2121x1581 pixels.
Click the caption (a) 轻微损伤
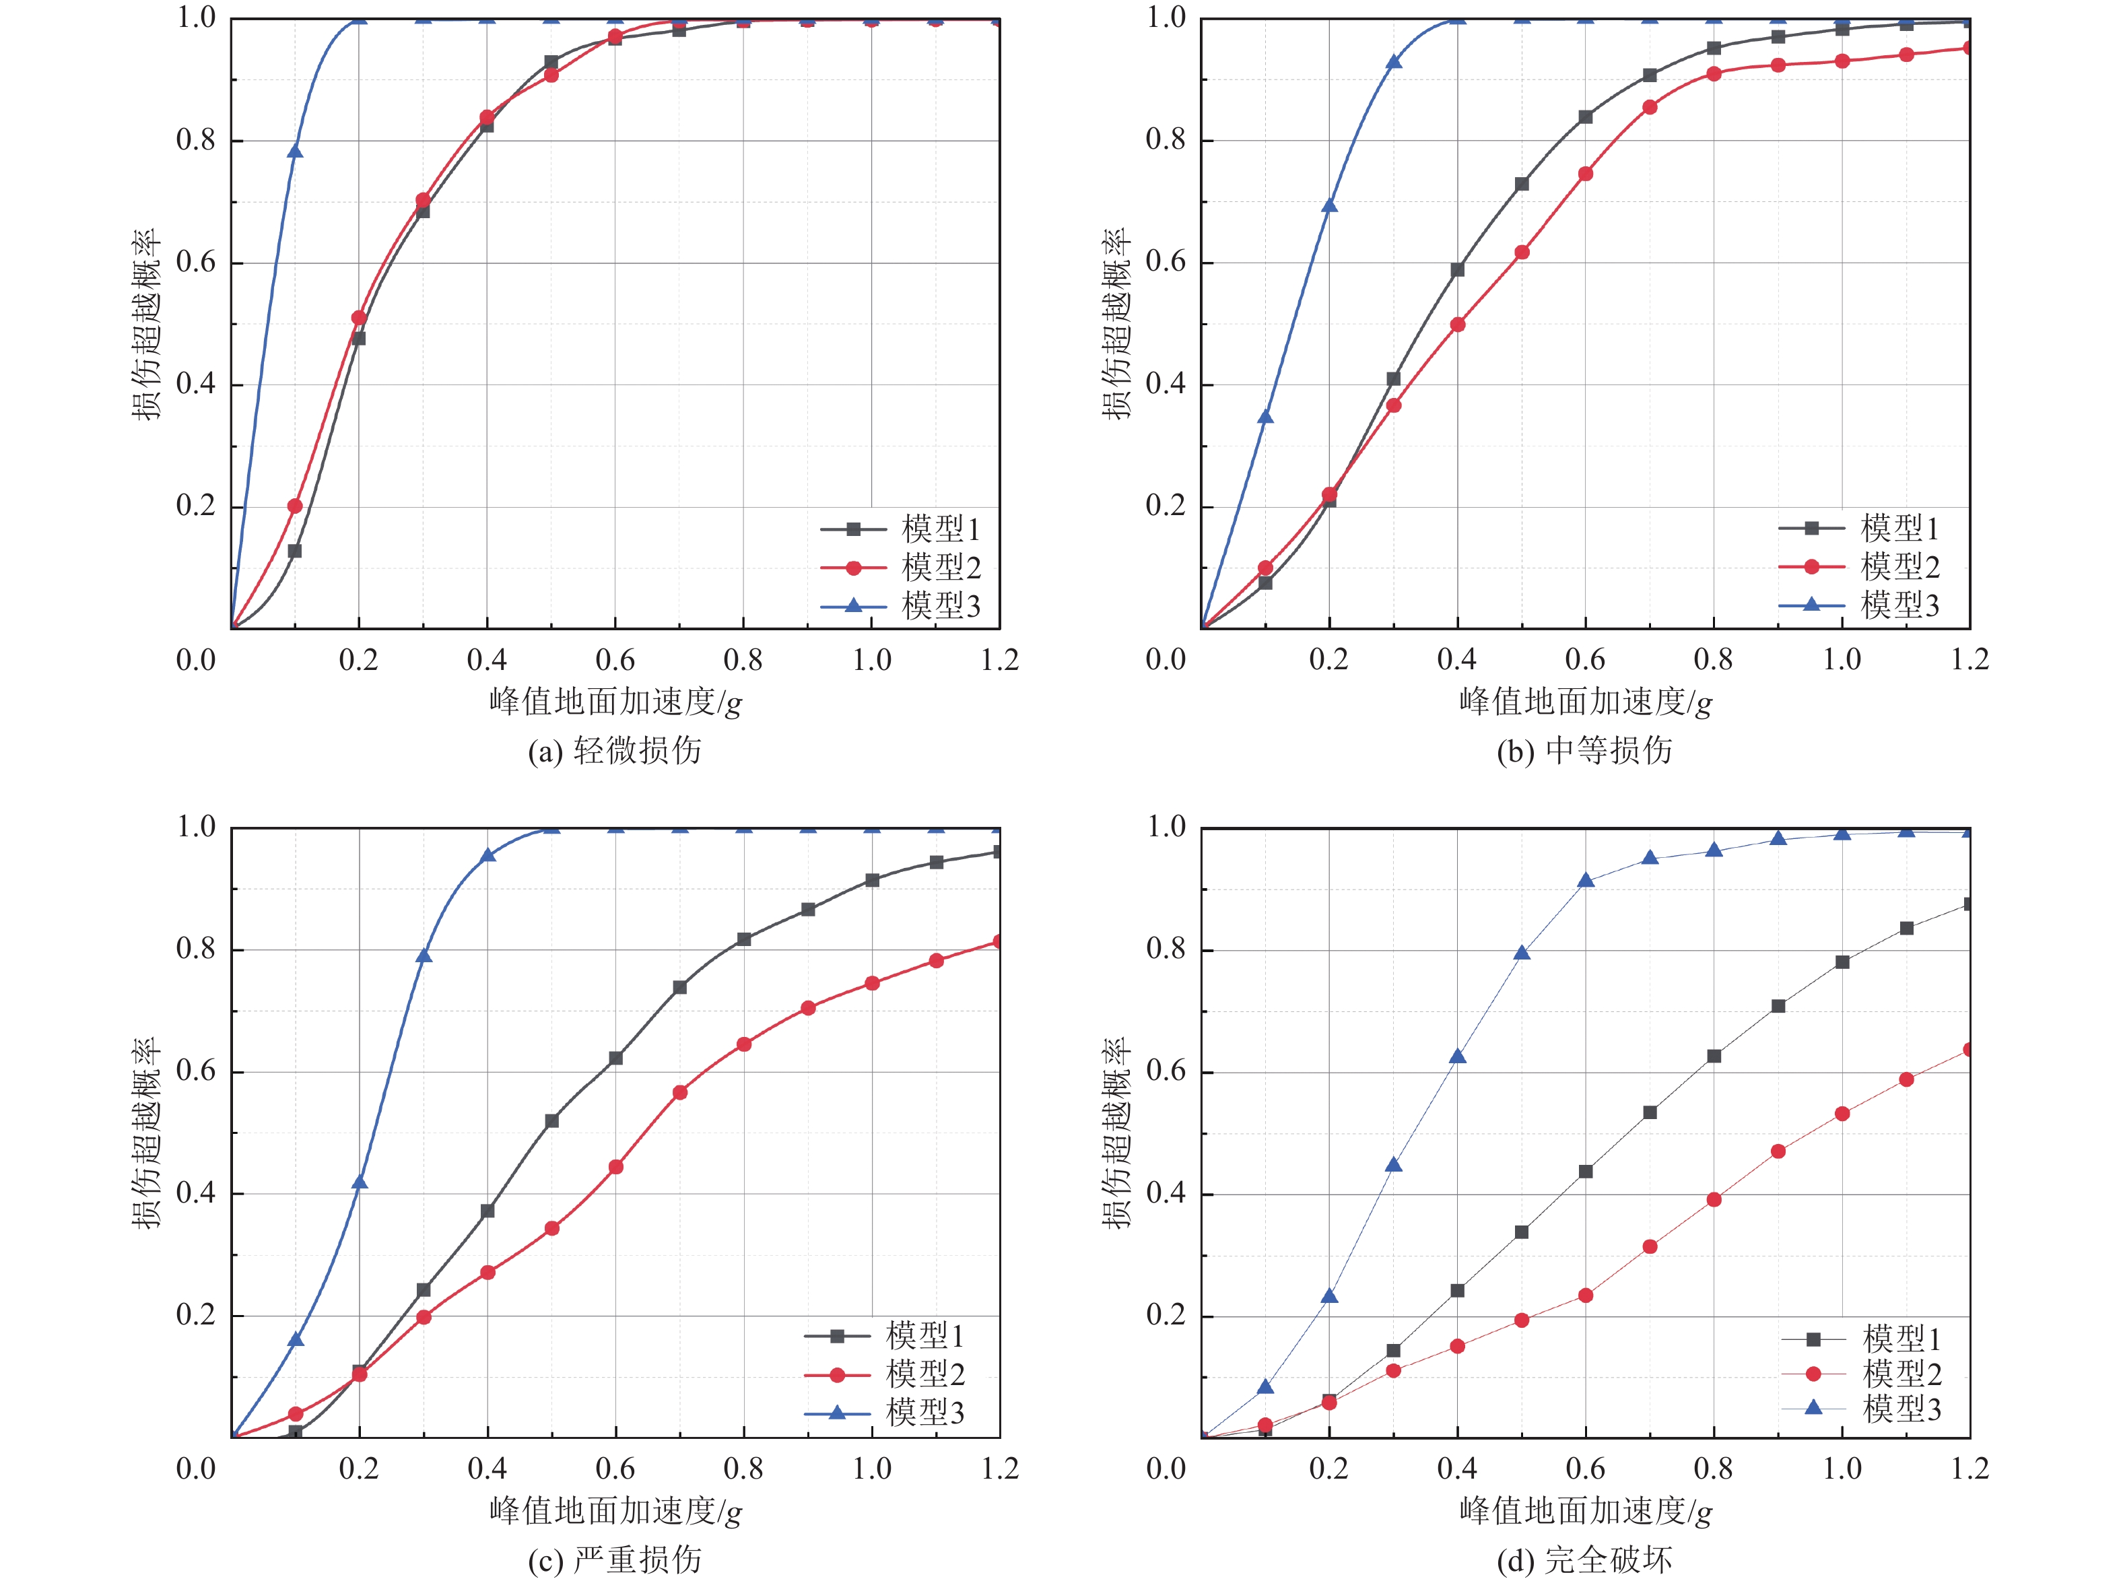[615, 750]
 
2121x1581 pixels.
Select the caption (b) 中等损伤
[1584, 750]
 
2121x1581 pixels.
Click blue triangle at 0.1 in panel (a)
[295, 152]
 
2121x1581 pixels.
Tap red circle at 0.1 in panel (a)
[295, 505]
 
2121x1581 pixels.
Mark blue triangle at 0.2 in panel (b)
[1328, 206]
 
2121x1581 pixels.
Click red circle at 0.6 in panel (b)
[1585, 174]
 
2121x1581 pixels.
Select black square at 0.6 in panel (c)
[615, 1058]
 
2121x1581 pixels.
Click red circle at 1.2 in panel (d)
[1968, 1050]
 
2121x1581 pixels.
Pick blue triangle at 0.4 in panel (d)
[1458, 1056]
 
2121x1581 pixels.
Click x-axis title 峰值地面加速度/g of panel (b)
[1584, 702]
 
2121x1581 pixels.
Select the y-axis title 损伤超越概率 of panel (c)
[146, 1132]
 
